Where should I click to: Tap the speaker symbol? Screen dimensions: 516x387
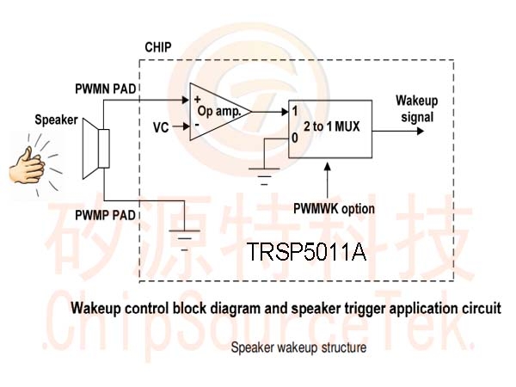[x=95, y=149]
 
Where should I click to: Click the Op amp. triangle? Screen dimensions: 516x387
[x=220, y=112]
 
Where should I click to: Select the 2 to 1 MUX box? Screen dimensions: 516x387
[x=330, y=129]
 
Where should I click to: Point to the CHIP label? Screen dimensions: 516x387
[x=158, y=47]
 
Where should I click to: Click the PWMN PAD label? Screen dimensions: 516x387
[x=105, y=89]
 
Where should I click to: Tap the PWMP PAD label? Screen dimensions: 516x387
[x=105, y=215]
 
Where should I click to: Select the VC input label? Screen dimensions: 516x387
[x=161, y=127]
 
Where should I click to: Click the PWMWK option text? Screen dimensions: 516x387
[x=334, y=209]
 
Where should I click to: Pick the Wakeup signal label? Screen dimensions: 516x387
[x=417, y=109]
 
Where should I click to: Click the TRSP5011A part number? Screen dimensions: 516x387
[x=306, y=252]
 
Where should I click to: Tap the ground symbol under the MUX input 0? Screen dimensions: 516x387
[x=264, y=176]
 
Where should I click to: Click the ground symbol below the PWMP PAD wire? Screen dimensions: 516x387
[x=184, y=241]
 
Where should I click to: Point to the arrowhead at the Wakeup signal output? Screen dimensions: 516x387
[x=421, y=131]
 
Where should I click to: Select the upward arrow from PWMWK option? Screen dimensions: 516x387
[x=328, y=181]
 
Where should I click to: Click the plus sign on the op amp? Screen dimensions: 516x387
[x=198, y=99]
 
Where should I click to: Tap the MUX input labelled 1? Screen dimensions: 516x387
[x=294, y=111]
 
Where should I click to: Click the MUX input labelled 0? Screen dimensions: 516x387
[x=294, y=138]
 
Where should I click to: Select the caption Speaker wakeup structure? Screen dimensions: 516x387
[x=298, y=347]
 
